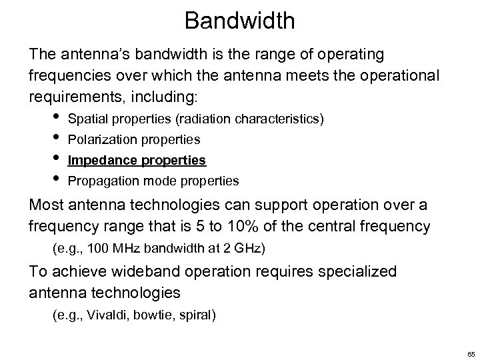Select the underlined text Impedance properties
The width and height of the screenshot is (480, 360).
pyautogui.click(x=137, y=161)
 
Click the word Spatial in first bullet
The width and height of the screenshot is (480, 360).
pyautogui.click(x=86, y=120)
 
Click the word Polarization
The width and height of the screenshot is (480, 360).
pyautogui.click(x=98, y=141)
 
